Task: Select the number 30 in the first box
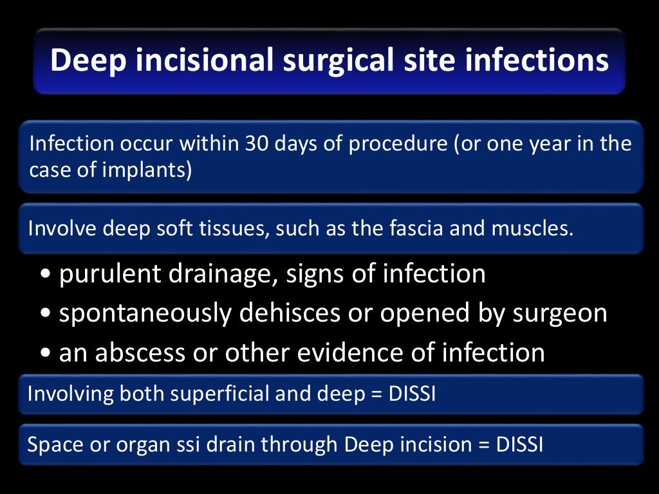(x=255, y=143)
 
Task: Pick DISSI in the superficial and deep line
(x=413, y=393)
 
